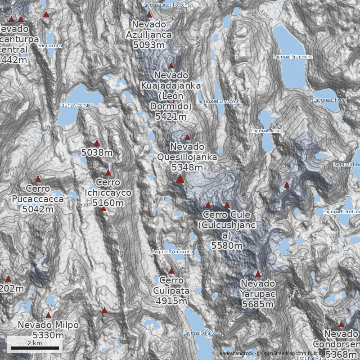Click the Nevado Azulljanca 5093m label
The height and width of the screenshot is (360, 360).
coord(149,34)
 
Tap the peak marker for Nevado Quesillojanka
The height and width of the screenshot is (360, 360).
coord(187,137)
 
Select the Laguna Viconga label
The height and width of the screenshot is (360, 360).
coord(74,105)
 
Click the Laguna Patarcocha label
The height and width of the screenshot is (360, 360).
coord(293,57)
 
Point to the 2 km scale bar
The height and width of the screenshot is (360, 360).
coord(35,348)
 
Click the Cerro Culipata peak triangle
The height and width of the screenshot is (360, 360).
coord(171,270)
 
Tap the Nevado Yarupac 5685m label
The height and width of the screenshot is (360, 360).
coord(258,294)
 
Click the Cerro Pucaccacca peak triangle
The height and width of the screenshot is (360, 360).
coord(38,179)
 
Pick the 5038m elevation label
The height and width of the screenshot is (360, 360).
coord(97,153)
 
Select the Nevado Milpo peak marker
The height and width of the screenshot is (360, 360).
coord(48,315)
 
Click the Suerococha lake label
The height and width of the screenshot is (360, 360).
coord(50,45)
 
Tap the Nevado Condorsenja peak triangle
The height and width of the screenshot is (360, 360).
coord(341,324)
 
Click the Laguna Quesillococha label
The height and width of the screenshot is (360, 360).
coord(166,4)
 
